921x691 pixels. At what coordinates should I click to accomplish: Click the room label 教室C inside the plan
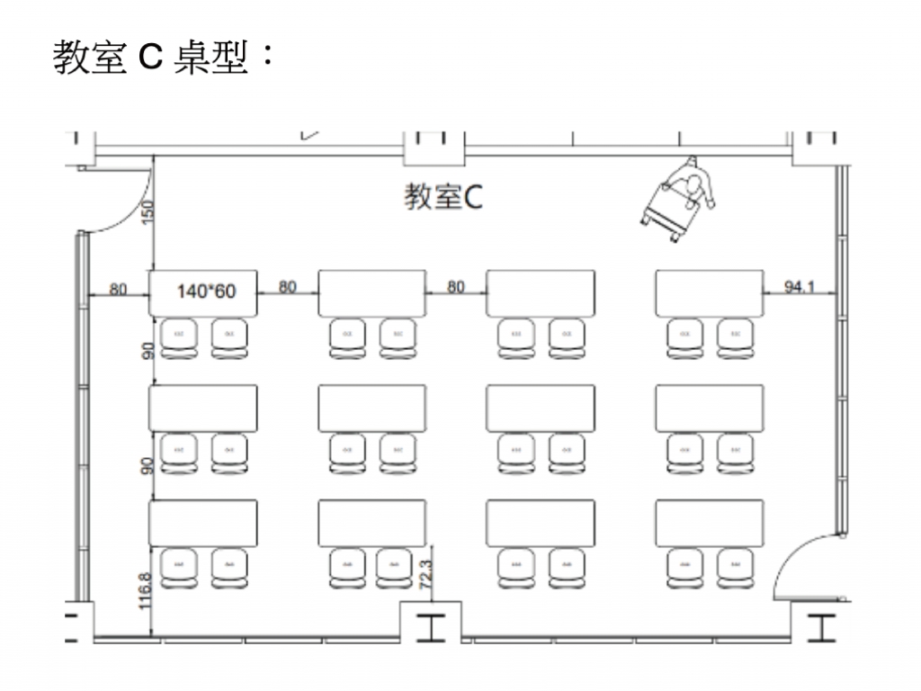tap(443, 197)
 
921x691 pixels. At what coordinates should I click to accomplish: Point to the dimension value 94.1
tap(799, 287)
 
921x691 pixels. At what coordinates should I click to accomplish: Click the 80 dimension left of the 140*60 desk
tap(119, 289)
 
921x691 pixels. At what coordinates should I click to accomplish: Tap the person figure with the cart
tap(680, 200)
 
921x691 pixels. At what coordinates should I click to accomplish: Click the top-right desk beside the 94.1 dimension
tap(709, 292)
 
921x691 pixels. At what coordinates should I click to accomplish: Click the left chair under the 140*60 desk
tap(178, 338)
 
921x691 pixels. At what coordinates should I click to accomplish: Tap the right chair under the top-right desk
tap(735, 338)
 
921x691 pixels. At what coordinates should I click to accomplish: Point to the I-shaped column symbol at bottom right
tap(820, 626)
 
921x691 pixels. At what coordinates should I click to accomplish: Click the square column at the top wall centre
tap(434, 147)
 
